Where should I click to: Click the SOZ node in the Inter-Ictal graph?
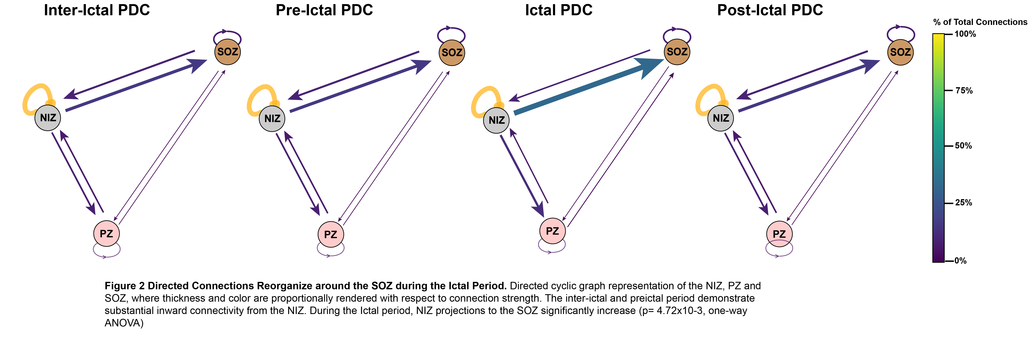coord(227,52)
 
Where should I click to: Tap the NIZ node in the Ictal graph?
coord(496,120)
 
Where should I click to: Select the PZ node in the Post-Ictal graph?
coord(779,234)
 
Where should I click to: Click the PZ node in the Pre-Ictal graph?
coord(331,234)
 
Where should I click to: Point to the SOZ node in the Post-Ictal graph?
coord(900,52)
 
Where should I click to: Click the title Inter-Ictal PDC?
coord(97,10)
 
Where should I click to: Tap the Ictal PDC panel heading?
coord(559,10)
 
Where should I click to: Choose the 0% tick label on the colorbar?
coord(960,261)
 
